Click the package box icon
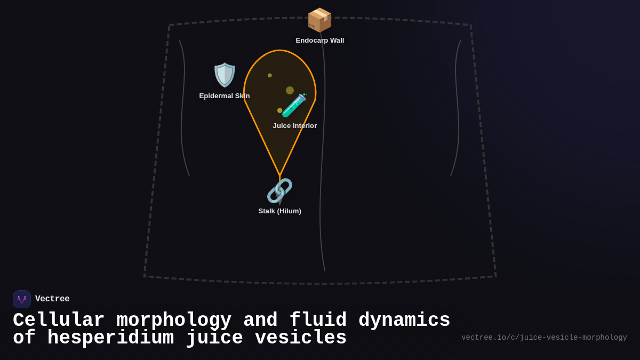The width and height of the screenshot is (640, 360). pyautogui.click(x=319, y=20)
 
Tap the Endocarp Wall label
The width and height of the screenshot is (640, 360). pyautogui.click(x=319, y=41)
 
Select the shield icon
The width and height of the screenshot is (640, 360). pyautogui.click(x=225, y=75)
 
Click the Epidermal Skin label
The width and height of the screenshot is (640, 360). pyautogui.click(x=224, y=96)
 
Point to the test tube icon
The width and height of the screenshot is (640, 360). pyautogui.click(x=294, y=105)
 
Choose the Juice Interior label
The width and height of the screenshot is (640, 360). pyautogui.click(x=294, y=126)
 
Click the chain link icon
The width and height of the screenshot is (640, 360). pyautogui.click(x=279, y=190)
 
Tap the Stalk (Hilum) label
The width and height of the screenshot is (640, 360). pyautogui.click(x=279, y=211)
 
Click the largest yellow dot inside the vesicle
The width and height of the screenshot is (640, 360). pyautogui.click(x=290, y=91)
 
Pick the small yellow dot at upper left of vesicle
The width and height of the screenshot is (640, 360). pyautogui.click(x=270, y=75)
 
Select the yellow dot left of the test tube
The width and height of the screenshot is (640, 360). pyautogui.click(x=279, y=110)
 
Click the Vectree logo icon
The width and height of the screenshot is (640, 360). pyautogui.click(x=22, y=299)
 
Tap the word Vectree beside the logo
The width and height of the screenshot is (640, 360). pyautogui.click(x=52, y=299)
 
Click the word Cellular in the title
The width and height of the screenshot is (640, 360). pyautogui.click(x=59, y=321)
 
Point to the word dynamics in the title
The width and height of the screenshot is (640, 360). pyautogui.click(x=404, y=321)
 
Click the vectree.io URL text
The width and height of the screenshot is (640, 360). pyautogui.click(x=544, y=338)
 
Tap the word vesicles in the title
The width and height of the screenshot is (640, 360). pyautogui.click(x=300, y=338)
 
